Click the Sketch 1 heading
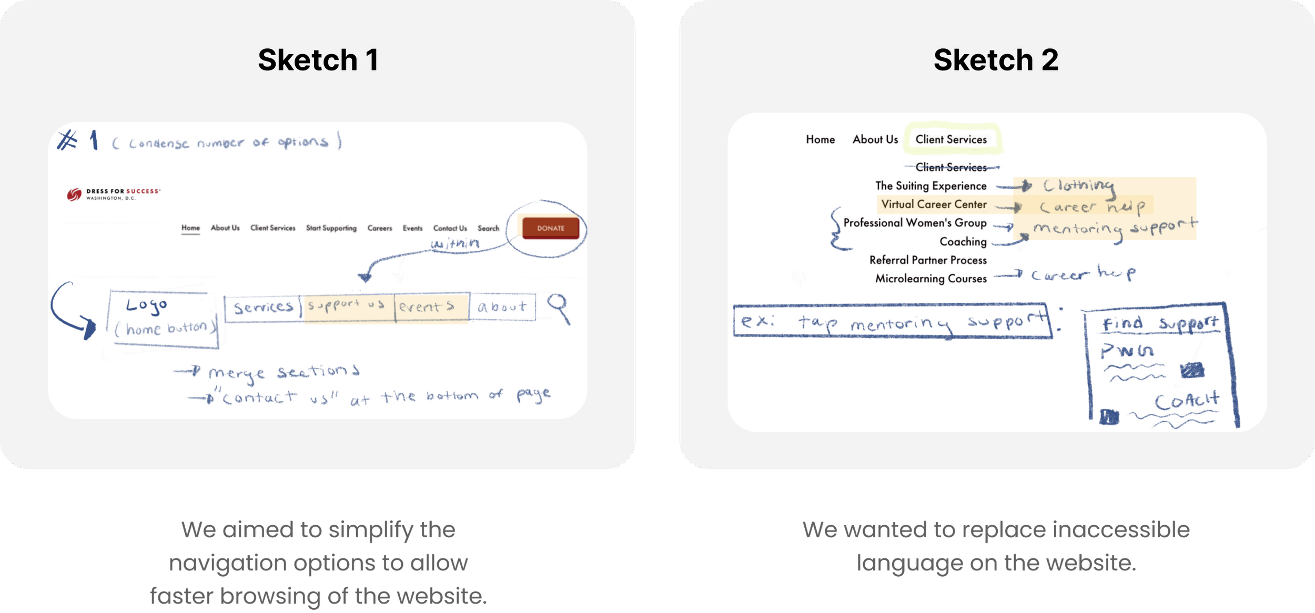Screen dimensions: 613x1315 point(318,60)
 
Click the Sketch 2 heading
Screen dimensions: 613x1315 point(996,60)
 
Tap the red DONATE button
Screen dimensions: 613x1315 point(550,228)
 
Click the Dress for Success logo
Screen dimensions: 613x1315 point(114,195)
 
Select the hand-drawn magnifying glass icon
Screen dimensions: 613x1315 point(559,308)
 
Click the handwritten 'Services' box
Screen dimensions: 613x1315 point(263,308)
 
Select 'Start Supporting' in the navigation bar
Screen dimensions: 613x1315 point(331,228)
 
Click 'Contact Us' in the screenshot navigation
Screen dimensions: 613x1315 point(450,228)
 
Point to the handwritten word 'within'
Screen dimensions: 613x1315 point(455,243)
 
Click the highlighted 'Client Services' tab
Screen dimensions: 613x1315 point(951,139)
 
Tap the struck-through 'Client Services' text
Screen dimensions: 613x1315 point(951,167)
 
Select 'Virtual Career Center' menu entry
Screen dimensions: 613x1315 point(934,205)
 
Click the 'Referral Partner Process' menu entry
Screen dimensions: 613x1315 point(928,260)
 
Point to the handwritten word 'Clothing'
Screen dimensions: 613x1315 point(1078,186)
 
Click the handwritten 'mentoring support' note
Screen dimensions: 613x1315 point(1115,228)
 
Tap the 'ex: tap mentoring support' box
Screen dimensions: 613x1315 point(893,321)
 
